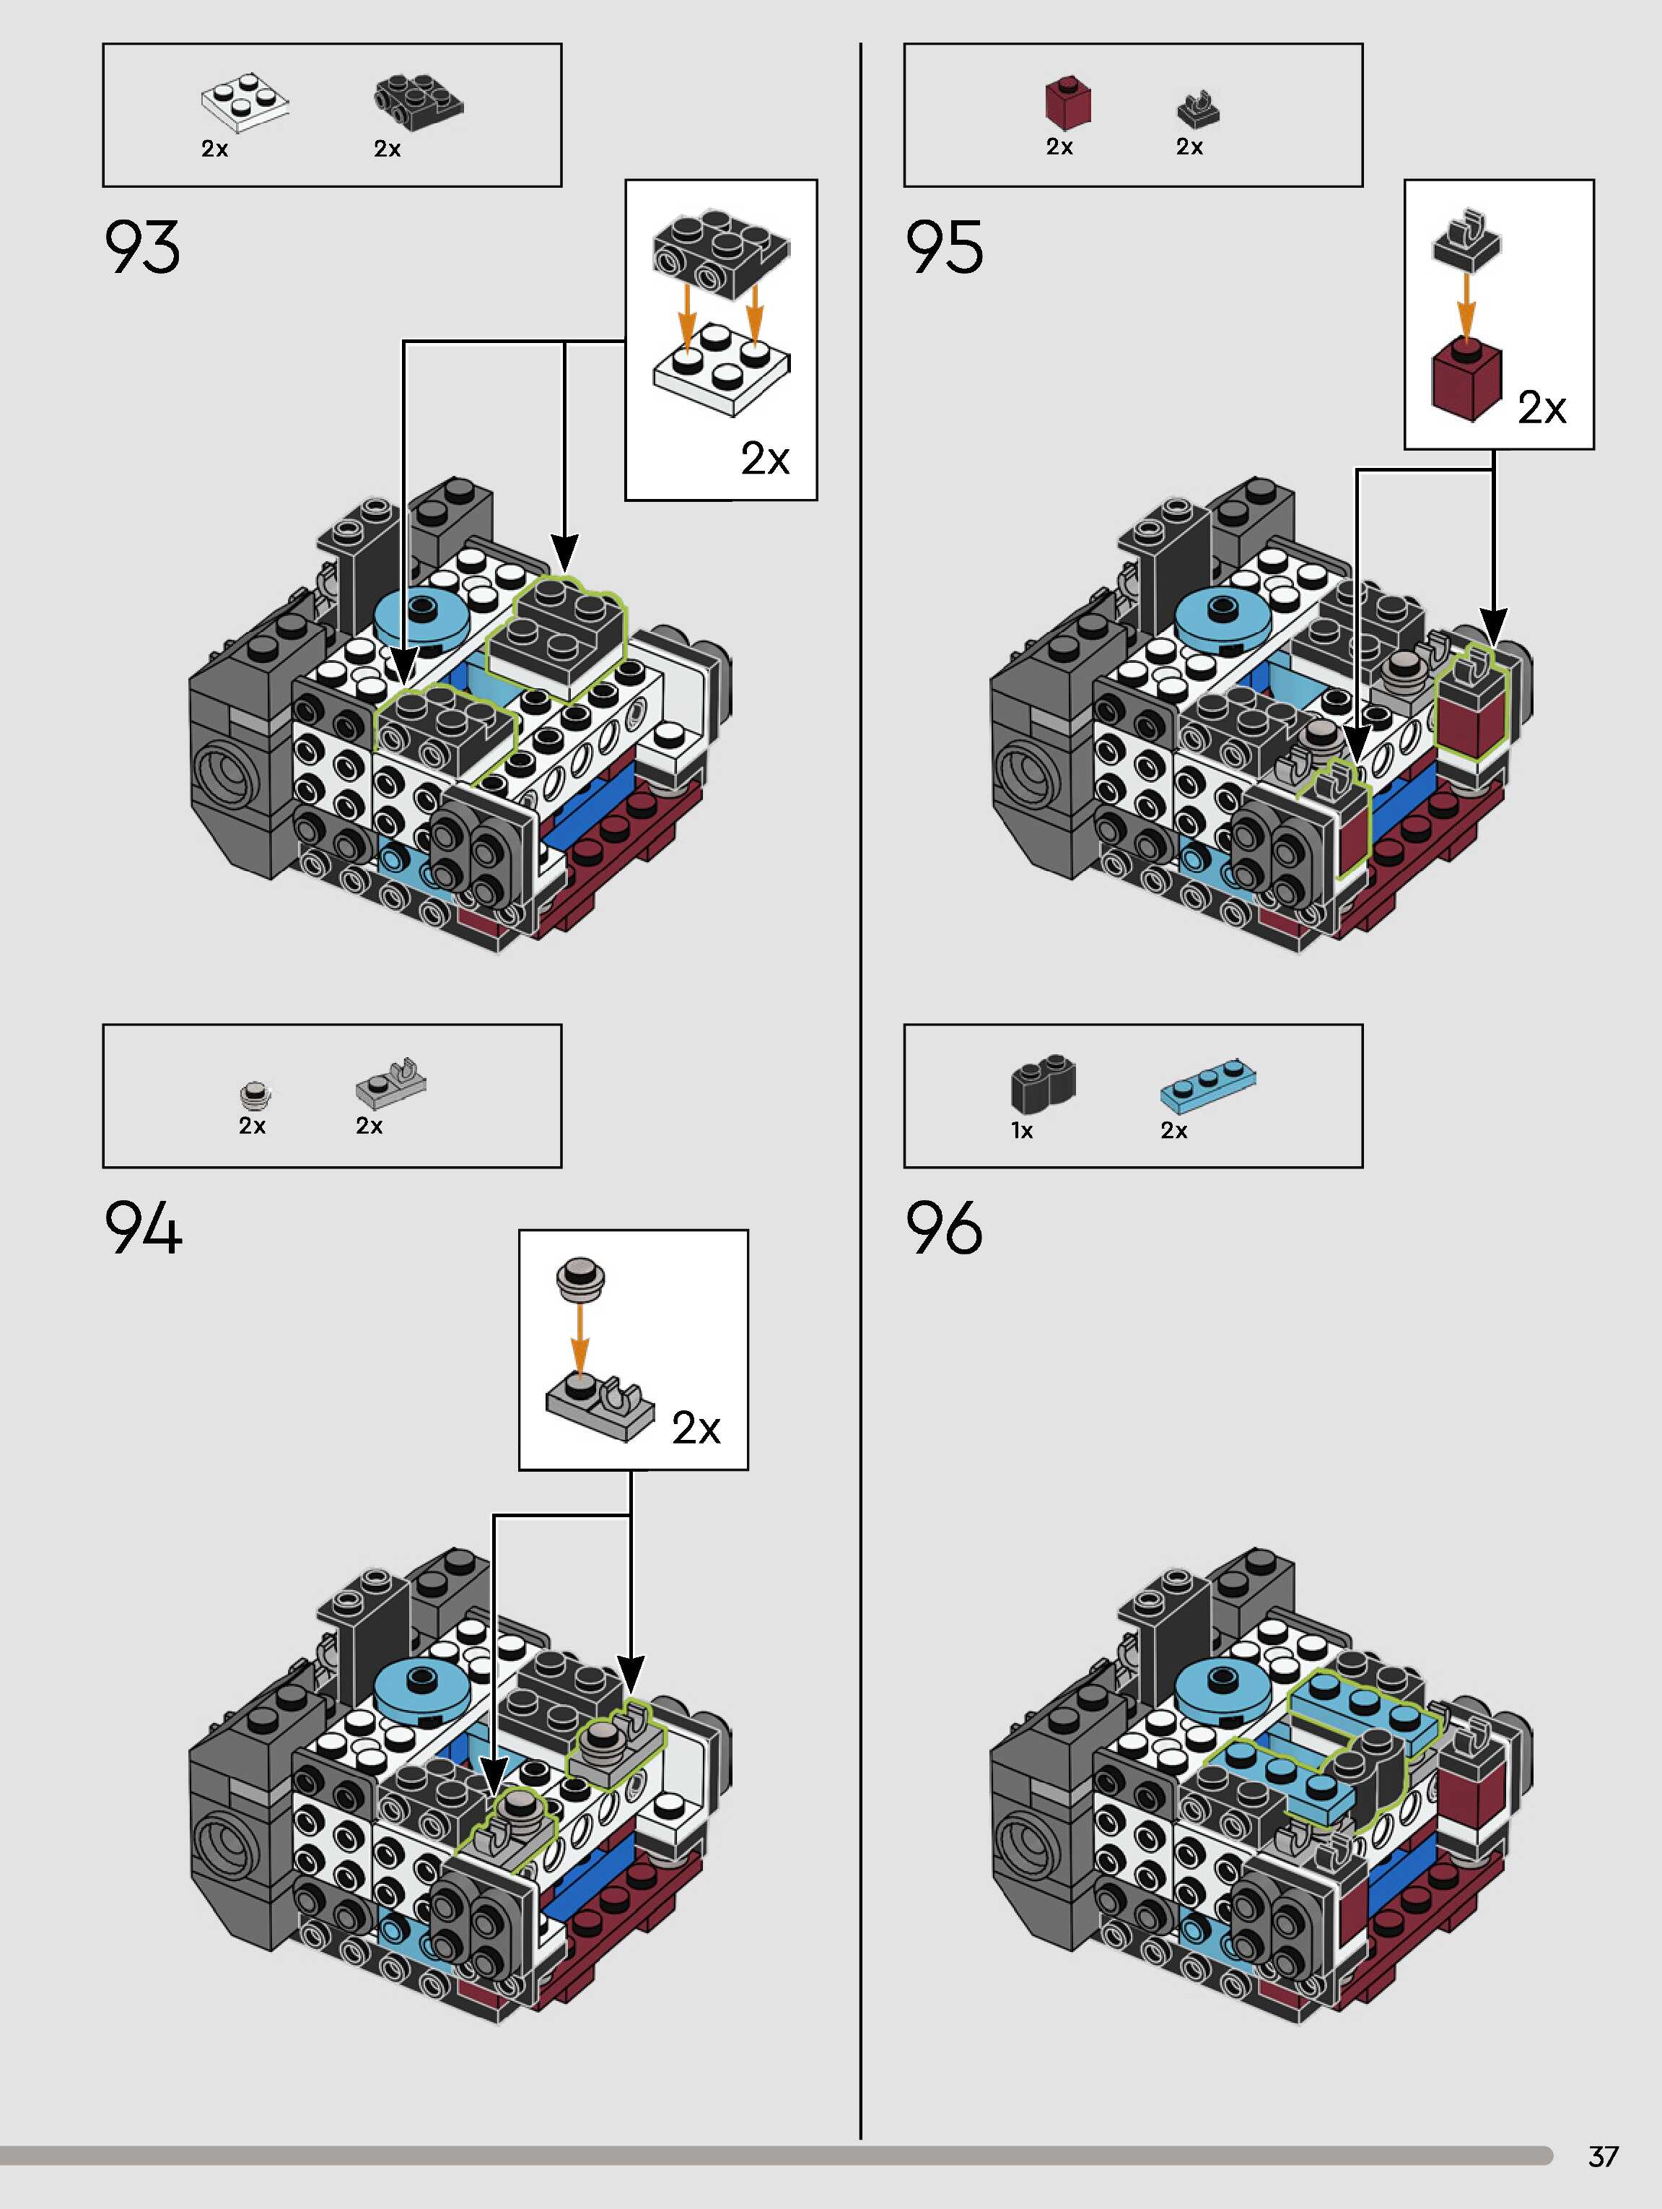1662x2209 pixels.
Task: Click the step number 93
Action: click(141, 247)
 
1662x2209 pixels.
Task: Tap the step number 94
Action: click(143, 1228)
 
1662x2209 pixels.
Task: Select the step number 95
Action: click(943, 247)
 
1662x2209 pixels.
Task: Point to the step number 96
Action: click(943, 1228)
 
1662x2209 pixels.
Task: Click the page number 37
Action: click(1602, 2157)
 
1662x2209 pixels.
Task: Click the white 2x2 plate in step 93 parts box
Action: click(245, 105)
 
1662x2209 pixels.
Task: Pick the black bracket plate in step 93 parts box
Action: click(419, 102)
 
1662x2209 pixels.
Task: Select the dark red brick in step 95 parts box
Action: click(1067, 102)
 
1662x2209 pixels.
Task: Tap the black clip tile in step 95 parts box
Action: click(1198, 109)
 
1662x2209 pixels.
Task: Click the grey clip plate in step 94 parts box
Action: click(391, 1083)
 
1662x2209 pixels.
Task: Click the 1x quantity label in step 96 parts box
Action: click(1022, 1130)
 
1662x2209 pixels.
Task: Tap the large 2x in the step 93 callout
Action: click(765, 459)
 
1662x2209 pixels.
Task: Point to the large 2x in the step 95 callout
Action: click(1541, 407)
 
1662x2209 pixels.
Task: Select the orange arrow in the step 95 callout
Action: click(1466, 305)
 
